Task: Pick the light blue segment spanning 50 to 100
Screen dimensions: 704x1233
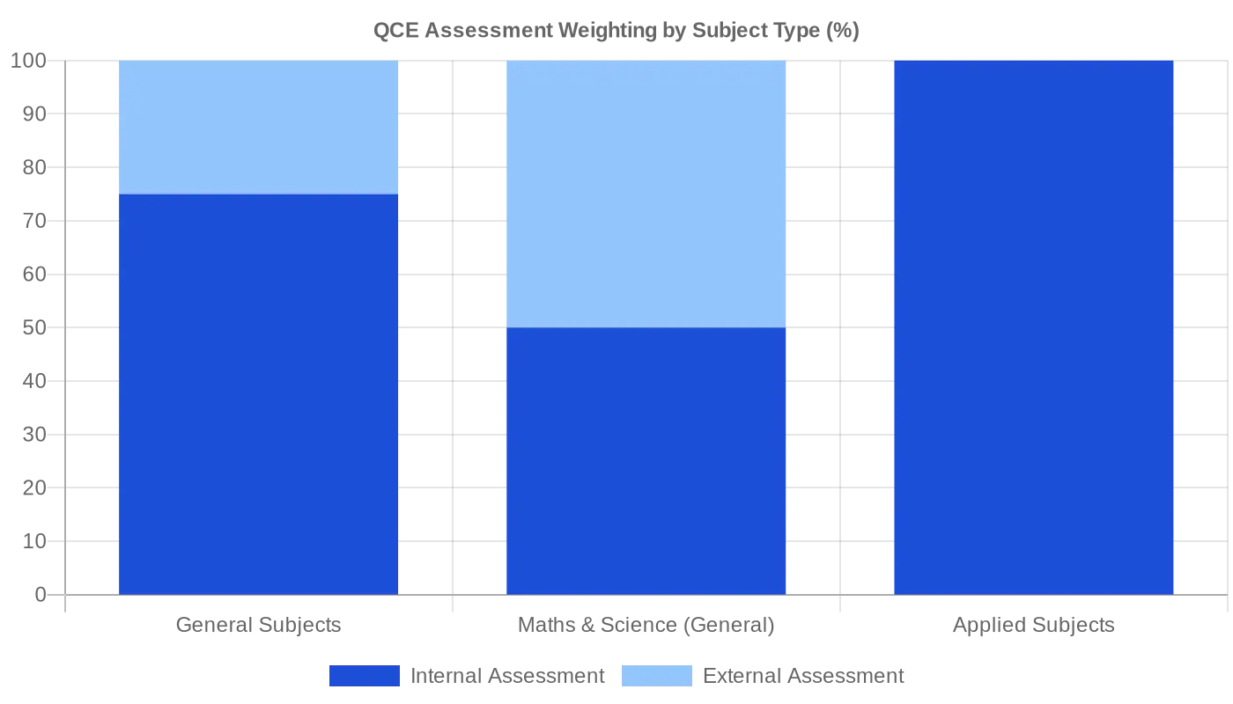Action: click(x=646, y=194)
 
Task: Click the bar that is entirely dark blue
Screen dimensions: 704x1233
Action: click(x=1034, y=326)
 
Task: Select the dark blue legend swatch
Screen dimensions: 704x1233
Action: click(x=363, y=675)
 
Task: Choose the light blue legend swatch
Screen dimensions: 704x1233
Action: click(x=658, y=675)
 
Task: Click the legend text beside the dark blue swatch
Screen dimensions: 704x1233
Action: click(x=506, y=675)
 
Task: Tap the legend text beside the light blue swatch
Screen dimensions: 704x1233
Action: click(x=803, y=675)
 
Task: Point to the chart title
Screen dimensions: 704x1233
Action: click(x=616, y=33)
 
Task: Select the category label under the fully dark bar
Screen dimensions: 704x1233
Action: click(x=1034, y=626)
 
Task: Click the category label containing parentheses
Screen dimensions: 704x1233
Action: click(x=646, y=626)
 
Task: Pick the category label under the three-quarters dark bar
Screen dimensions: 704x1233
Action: click(x=259, y=626)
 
